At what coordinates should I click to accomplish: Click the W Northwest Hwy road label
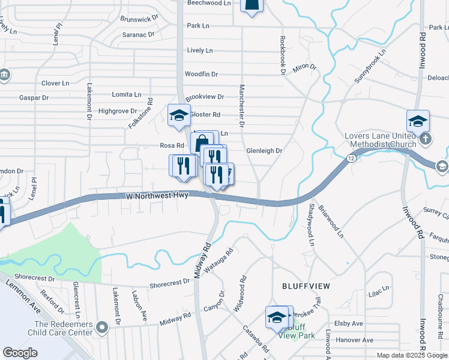click(157, 196)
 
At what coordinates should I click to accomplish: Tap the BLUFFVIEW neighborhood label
click(306, 286)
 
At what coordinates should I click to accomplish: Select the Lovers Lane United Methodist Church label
click(381, 140)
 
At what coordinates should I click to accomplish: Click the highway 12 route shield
click(350, 157)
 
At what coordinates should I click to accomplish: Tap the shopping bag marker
click(202, 144)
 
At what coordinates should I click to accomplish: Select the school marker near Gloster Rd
click(178, 116)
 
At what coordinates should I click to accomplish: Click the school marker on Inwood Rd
click(417, 121)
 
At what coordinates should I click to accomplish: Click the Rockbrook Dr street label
click(282, 55)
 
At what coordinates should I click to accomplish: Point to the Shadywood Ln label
click(311, 224)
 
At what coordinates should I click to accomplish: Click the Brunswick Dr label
click(139, 19)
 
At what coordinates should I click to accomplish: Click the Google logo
click(20, 353)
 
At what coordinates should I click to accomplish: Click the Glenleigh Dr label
click(264, 151)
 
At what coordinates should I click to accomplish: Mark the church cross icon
click(425, 139)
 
